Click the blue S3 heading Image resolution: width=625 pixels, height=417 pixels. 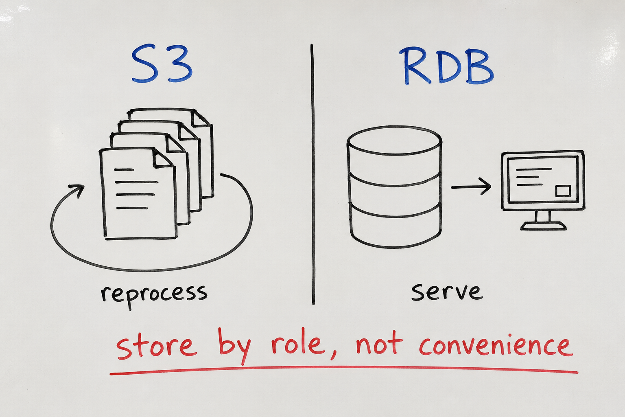(162, 63)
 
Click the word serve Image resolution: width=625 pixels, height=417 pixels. (447, 292)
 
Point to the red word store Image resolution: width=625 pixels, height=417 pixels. (155, 346)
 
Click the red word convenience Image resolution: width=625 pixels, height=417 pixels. (496, 345)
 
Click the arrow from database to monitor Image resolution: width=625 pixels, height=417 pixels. (471, 187)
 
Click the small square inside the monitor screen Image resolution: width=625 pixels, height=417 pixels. (563, 191)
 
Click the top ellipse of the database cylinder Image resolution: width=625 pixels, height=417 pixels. (394, 140)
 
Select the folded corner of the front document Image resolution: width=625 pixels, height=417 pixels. (163, 158)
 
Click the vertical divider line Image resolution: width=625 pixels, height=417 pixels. (312, 174)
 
